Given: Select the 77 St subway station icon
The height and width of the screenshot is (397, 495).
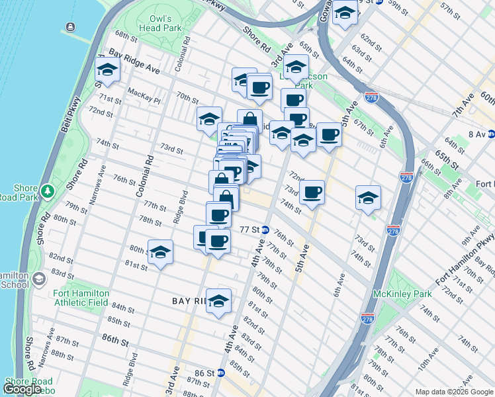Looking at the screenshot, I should click(x=265, y=230).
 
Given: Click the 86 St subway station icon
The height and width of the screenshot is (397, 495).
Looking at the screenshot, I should click(x=221, y=373).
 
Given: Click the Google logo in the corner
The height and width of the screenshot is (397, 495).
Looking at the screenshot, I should click(x=22, y=389).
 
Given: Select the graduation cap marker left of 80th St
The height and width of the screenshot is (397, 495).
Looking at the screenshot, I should click(x=160, y=253).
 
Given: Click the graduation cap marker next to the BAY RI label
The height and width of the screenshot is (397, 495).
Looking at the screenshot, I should click(x=219, y=300).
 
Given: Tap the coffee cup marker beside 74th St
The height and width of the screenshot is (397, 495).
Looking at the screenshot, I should click(x=312, y=193).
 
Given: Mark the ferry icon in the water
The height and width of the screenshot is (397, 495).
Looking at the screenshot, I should click(x=69, y=27).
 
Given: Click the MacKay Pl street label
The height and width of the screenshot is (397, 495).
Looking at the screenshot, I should click(x=144, y=96).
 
